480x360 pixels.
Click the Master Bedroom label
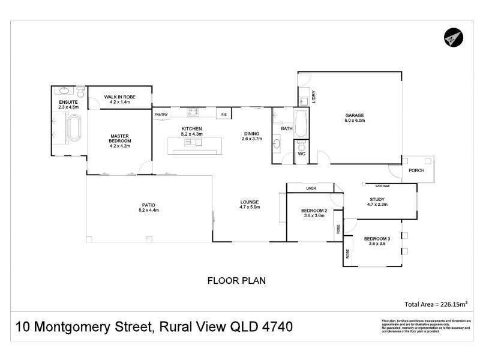point(119,140)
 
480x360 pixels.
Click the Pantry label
point(161,114)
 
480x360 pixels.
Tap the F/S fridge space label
point(224,114)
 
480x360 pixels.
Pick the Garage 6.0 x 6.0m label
point(355,118)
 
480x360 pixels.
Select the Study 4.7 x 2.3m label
point(377,202)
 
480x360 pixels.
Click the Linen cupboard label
point(310,188)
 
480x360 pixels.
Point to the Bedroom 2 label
point(314,213)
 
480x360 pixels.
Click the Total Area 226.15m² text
point(436,304)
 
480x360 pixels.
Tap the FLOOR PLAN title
point(236,280)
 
